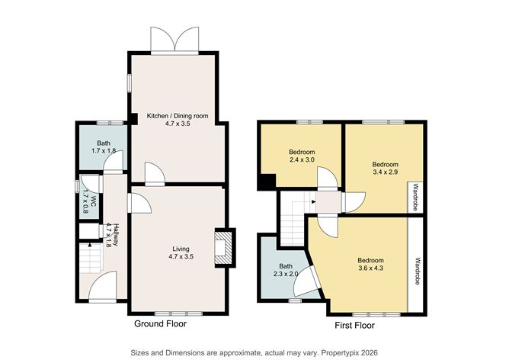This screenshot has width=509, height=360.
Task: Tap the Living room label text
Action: (181, 252)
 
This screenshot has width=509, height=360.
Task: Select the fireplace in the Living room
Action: (221, 249)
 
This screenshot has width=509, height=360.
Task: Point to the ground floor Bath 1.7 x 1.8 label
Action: (103, 147)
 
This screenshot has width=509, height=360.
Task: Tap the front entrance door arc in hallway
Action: (101, 288)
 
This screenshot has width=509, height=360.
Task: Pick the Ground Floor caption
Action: (160, 324)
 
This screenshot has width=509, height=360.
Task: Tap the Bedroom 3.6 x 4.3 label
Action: (371, 265)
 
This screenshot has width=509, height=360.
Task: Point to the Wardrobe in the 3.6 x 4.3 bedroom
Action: (417, 270)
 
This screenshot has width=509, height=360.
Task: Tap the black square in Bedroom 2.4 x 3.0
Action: (266, 184)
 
